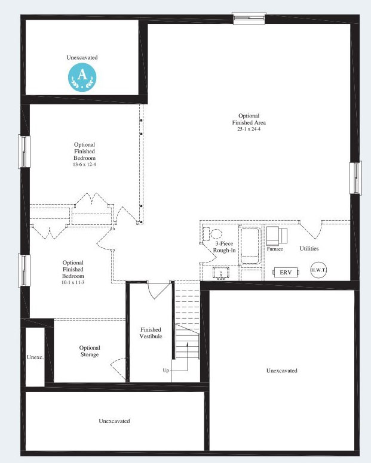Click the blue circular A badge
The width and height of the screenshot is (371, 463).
(x=82, y=76)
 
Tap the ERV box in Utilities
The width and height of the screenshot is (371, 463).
(x=286, y=272)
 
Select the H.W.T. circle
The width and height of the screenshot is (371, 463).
(x=318, y=270)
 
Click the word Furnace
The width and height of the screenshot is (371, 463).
(x=275, y=249)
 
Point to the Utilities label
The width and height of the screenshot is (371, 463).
(x=309, y=248)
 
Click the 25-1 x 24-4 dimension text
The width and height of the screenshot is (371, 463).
(x=249, y=129)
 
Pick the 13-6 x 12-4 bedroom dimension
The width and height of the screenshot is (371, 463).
(x=84, y=164)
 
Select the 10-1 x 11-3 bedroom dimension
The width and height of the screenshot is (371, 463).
(x=73, y=283)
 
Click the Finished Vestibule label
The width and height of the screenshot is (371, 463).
(x=151, y=333)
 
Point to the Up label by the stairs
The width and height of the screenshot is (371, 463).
(x=165, y=371)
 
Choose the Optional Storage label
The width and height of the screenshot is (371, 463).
(x=90, y=351)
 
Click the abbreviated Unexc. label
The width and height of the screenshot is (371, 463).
(x=35, y=357)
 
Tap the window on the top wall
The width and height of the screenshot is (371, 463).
(x=249, y=18)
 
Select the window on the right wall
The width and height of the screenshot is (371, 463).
(x=355, y=178)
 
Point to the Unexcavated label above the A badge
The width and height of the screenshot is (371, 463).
(x=82, y=57)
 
